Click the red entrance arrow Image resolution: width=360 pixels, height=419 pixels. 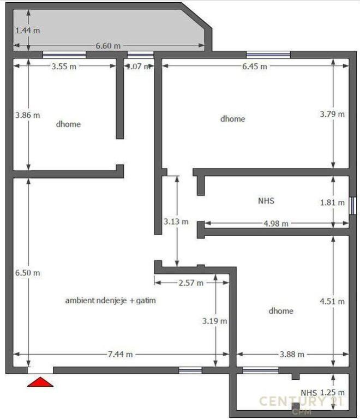(x=40, y=382)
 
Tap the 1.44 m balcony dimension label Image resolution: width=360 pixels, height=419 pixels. (x=27, y=31)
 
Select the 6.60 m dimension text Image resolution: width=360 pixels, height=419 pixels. (x=108, y=46)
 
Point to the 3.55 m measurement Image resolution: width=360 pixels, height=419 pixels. (x=64, y=66)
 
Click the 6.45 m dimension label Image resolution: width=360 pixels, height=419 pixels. (x=255, y=66)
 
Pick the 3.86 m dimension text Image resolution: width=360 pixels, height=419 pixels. (x=27, y=115)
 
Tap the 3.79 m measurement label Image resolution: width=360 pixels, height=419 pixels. (x=332, y=114)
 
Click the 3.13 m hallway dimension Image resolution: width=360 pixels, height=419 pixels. (x=176, y=222)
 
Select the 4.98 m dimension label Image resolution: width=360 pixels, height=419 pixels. (x=276, y=223)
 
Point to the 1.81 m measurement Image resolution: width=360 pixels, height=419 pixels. (x=332, y=202)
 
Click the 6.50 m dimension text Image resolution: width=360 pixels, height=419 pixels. (x=27, y=273)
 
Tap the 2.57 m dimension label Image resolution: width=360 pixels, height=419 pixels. (x=191, y=283)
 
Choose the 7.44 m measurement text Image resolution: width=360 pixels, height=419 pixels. (x=120, y=354)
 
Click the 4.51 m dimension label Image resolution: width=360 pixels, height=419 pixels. (x=332, y=301)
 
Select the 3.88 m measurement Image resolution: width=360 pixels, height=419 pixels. (x=292, y=354)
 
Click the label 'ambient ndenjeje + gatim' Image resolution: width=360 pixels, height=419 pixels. (x=111, y=301)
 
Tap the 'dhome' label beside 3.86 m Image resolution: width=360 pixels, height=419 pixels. (x=68, y=124)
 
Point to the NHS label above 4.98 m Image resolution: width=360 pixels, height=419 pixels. (x=266, y=201)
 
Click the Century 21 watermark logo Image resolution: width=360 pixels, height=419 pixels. (x=301, y=403)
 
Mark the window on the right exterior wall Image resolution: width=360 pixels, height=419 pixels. (x=353, y=206)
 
